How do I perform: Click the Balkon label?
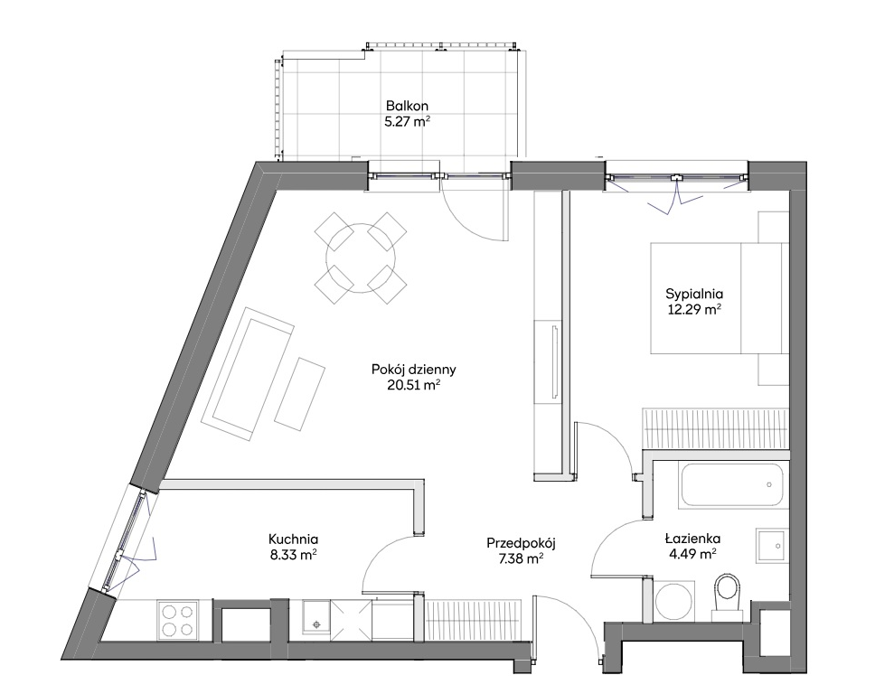(x=407, y=106)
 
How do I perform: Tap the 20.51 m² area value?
(x=413, y=385)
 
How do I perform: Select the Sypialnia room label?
(x=694, y=295)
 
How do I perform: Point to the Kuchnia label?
(x=293, y=539)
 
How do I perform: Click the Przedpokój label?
(x=521, y=544)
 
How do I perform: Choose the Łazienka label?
(x=692, y=539)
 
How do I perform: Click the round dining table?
(x=361, y=258)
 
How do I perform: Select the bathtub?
(x=730, y=485)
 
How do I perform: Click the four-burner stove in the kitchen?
(x=177, y=620)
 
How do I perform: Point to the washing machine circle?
(x=674, y=602)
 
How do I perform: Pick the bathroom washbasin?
(x=772, y=546)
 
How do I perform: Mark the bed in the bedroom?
(x=720, y=298)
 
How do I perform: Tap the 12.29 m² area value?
(x=694, y=309)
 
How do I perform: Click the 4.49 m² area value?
(x=692, y=553)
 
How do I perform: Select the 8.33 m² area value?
(x=293, y=554)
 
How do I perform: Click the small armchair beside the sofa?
(x=300, y=394)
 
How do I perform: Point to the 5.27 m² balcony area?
(x=407, y=121)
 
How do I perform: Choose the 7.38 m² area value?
(x=521, y=559)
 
